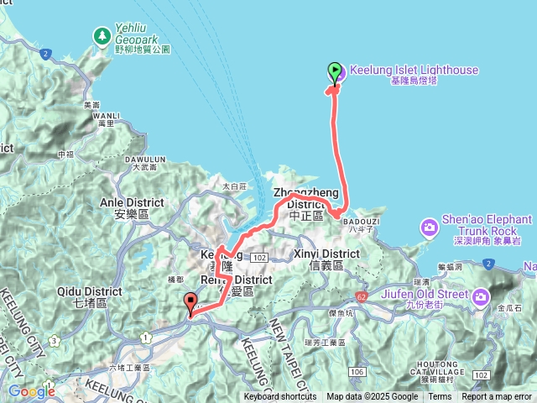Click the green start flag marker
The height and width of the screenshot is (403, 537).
[335, 72]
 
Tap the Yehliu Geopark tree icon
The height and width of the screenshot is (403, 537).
[102, 36]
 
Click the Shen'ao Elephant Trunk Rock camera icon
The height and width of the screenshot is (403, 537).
[430, 228]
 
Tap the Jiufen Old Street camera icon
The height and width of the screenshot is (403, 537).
[481, 296]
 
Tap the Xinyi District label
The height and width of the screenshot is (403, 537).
[327, 254]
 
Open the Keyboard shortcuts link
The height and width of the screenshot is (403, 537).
[280, 397]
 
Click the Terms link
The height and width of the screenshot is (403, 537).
[440, 397]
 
